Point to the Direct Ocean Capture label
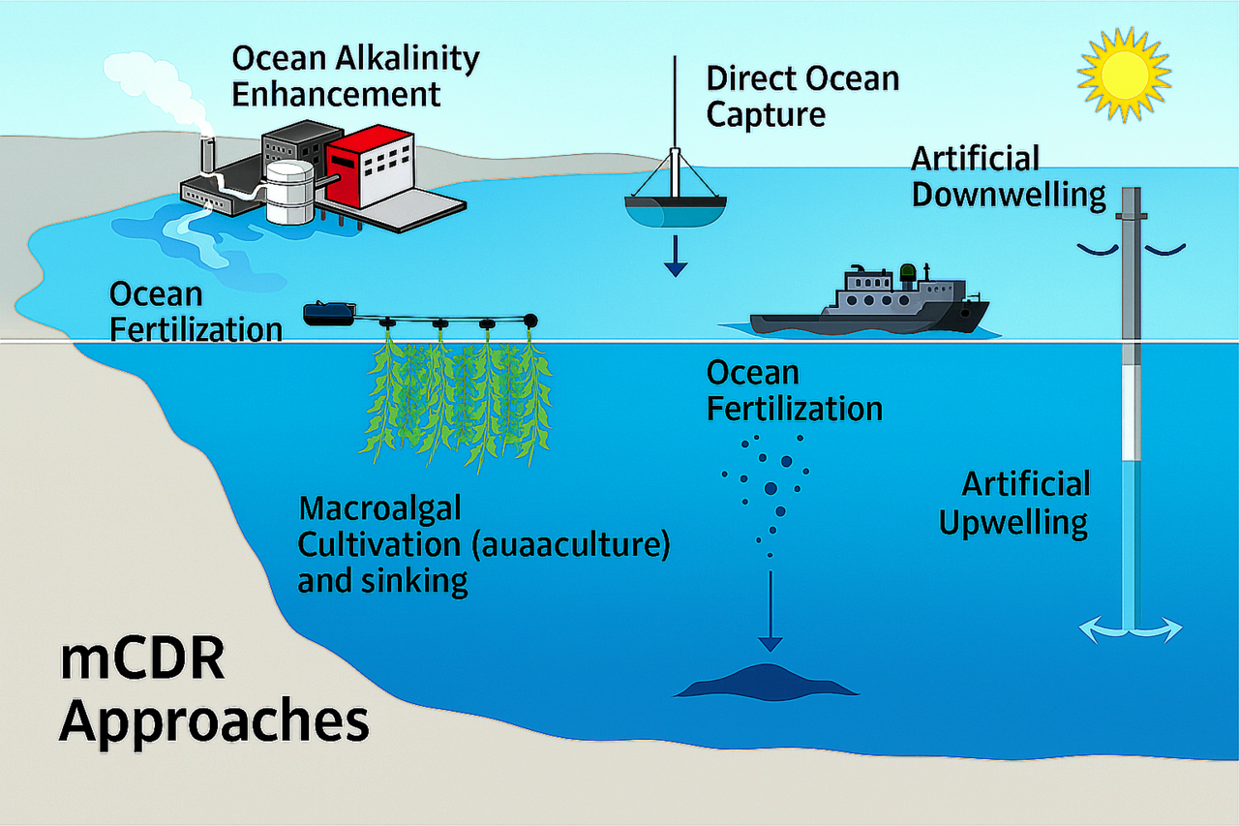pos(802,96)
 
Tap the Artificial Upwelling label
pos(1014,503)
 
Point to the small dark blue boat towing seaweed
pos(329,313)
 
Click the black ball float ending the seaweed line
pos(530,318)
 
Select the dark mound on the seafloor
pos(766,682)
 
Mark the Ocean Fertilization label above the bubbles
pos(794,390)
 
